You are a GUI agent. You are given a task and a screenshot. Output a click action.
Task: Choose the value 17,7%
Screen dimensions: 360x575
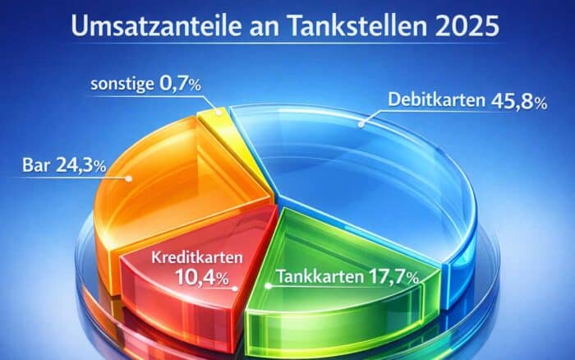pyautogui.click(x=391, y=277)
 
